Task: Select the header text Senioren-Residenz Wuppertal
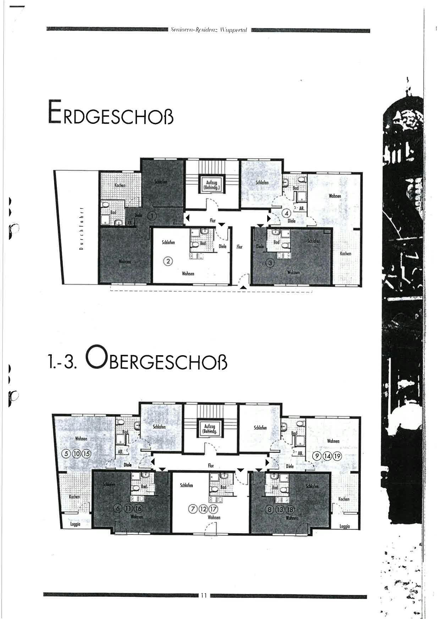tap(209, 30)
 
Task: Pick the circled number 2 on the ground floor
tap(167, 262)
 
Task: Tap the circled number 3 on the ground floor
tap(271, 263)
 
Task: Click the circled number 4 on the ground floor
tap(286, 213)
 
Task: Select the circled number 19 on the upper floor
tap(337, 456)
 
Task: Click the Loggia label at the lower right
tap(345, 527)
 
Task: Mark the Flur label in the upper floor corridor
tap(211, 466)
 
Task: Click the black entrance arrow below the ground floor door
tap(242, 288)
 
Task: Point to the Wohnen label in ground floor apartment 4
tap(335, 196)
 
